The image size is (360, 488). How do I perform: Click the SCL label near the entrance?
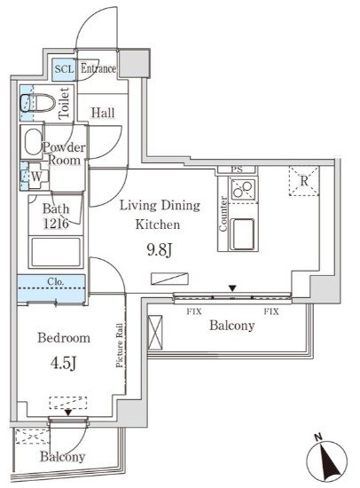pos(64,68)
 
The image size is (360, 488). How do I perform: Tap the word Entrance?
pos(98,68)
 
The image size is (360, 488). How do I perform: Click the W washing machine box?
pos(35,176)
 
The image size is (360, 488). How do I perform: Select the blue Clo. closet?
pos(51,285)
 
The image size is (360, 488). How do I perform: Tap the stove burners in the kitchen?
pos(242,189)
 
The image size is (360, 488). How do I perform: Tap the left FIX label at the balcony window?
pos(193,311)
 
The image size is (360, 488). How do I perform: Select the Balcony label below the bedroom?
pos(61,458)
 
